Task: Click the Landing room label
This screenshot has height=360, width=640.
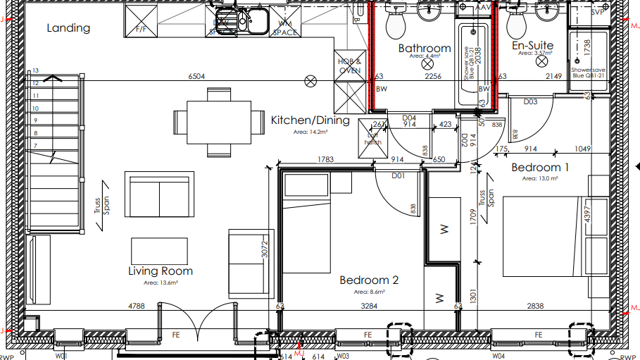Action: pos(69,28)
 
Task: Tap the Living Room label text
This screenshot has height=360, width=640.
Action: pos(160,271)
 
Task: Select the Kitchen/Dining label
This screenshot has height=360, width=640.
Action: pos(310,121)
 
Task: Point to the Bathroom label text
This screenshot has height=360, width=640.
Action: pos(425,47)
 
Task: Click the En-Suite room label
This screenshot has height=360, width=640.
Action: pos(532,46)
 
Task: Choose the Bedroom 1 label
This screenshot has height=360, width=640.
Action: pos(540,167)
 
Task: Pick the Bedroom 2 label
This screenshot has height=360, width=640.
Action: pos(369,279)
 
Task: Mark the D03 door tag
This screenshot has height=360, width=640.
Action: pos(531,102)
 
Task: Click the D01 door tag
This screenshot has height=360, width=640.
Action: pos(398,176)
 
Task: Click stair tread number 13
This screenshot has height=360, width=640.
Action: pos(35,72)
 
